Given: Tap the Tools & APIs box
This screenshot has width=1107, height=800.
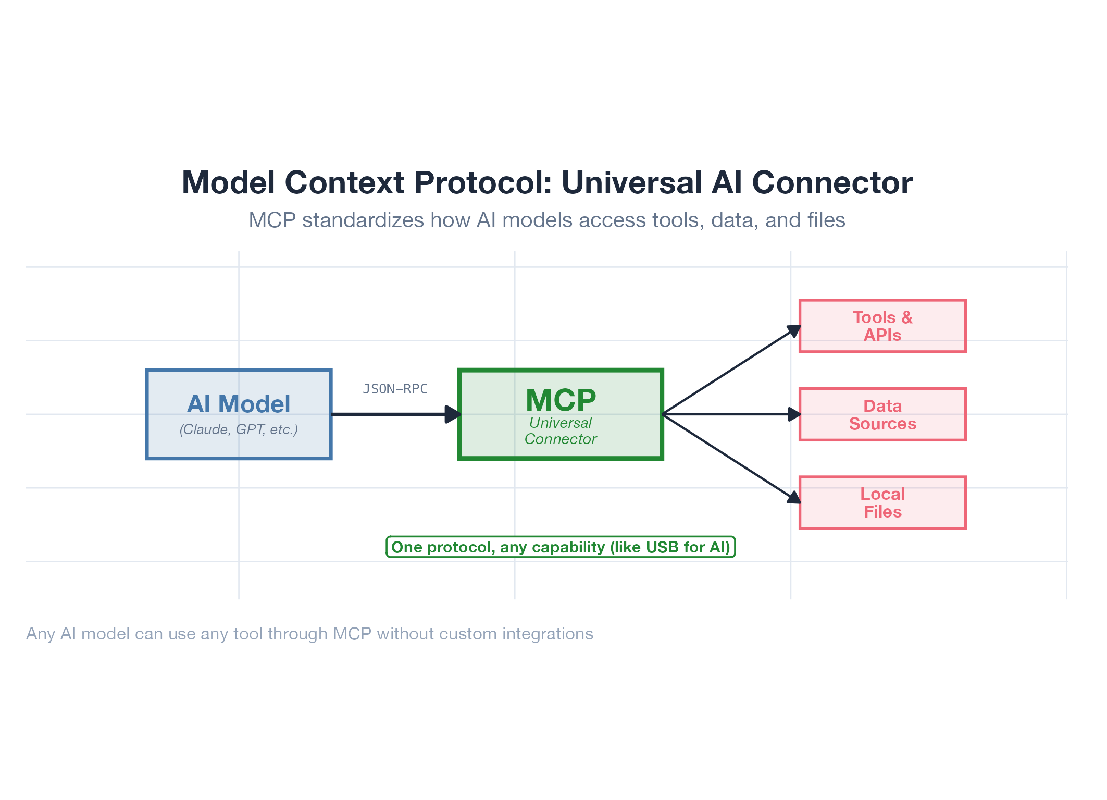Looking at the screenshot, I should pos(882,326).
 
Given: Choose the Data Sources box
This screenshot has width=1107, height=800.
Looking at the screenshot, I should pos(882,414).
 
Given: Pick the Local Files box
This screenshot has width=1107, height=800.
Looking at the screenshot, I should pos(882,502).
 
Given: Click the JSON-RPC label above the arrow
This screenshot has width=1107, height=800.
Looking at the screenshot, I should pos(395,389).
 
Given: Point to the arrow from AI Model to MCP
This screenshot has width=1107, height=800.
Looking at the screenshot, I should pos(391,414).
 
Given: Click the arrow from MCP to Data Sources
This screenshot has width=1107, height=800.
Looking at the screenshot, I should pos(729,414).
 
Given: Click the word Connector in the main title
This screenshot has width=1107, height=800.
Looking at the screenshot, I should pos(832,183).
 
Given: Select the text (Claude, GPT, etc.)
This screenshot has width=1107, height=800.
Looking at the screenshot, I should pos(239,429).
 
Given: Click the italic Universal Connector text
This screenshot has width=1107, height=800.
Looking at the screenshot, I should pos(561,431).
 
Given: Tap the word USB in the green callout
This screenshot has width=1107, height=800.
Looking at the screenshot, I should pos(663,547).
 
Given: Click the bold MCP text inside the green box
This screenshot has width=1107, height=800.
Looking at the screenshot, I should pos(561,400).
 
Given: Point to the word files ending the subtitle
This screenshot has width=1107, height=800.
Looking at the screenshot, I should pos(826,220).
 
